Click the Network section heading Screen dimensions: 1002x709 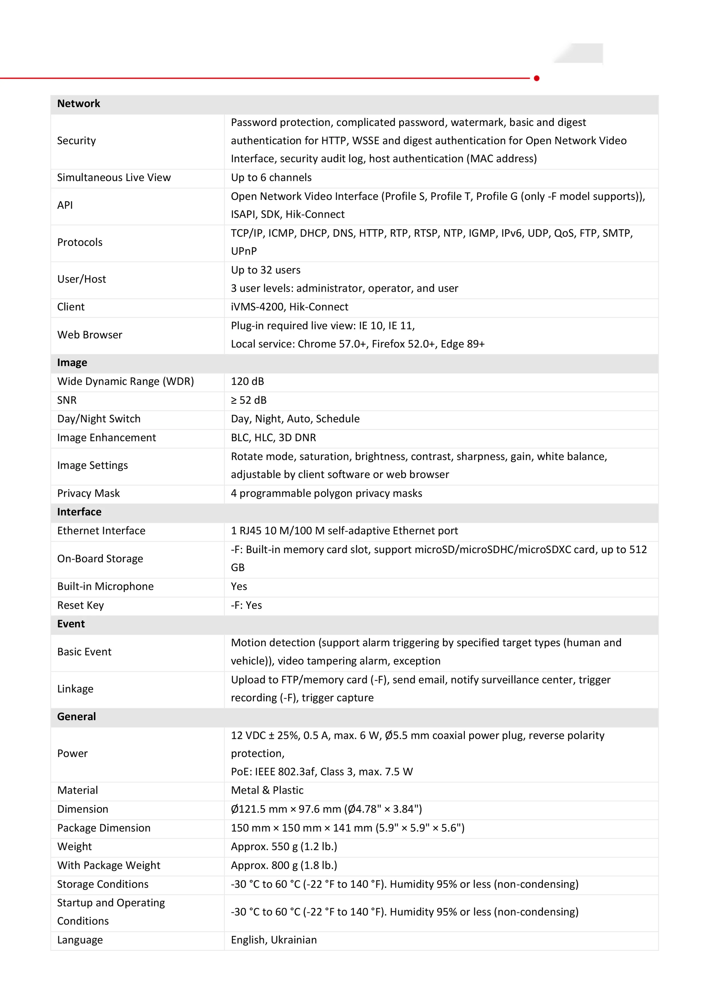[x=79, y=103]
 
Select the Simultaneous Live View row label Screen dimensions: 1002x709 [x=114, y=178]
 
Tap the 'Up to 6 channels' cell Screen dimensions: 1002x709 [x=271, y=178]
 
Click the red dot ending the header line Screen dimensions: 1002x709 [x=537, y=78]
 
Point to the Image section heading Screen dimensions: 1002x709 [x=72, y=363]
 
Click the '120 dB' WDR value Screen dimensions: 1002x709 [x=247, y=382]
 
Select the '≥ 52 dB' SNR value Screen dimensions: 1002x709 [x=248, y=400]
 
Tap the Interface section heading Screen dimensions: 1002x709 [x=79, y=512]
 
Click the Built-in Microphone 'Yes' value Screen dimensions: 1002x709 [x=239, y=586]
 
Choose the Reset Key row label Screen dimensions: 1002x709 [x=80, y=605]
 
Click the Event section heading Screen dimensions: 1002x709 [x=71, y=624]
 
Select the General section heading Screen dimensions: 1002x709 [x=77, y=717]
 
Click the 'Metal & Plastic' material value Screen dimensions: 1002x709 [x=267, y=790]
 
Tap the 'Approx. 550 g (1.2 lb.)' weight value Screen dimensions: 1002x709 [x=284, y=847]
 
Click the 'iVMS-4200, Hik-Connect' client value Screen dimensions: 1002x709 [x=289, y=307]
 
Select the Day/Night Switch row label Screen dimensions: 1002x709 [x=99, y=419]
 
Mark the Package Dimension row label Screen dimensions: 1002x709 [x=103, y=828]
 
